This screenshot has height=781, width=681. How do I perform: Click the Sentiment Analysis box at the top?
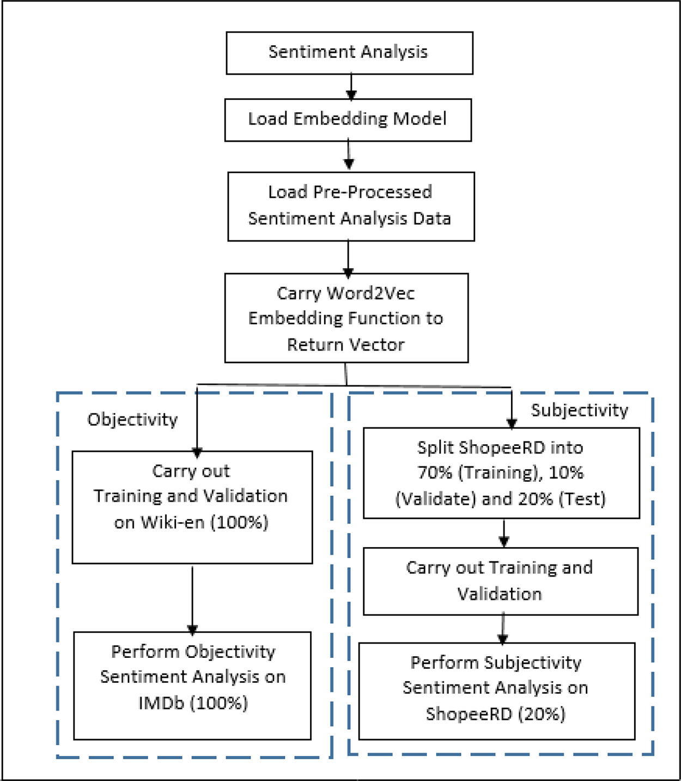tap(349, 53)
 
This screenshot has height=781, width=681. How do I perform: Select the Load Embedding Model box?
tap(348, 119)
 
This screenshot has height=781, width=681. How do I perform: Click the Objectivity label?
tap(132, 420)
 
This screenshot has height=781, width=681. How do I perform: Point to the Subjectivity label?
tap(579, 410)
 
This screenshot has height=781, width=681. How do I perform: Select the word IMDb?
tap(161, 703)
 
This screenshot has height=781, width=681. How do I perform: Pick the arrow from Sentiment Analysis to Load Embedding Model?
tap(351, 87)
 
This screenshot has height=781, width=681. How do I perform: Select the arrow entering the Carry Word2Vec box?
tap(348, 258)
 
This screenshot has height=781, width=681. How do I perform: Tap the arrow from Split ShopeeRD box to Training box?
tap(504, 532)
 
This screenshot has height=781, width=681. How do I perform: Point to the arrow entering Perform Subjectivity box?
tap(503, 628)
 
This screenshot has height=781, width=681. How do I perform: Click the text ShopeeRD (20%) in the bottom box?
tap(495, 713)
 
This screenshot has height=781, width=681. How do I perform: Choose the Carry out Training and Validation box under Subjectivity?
tap(500, 581)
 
